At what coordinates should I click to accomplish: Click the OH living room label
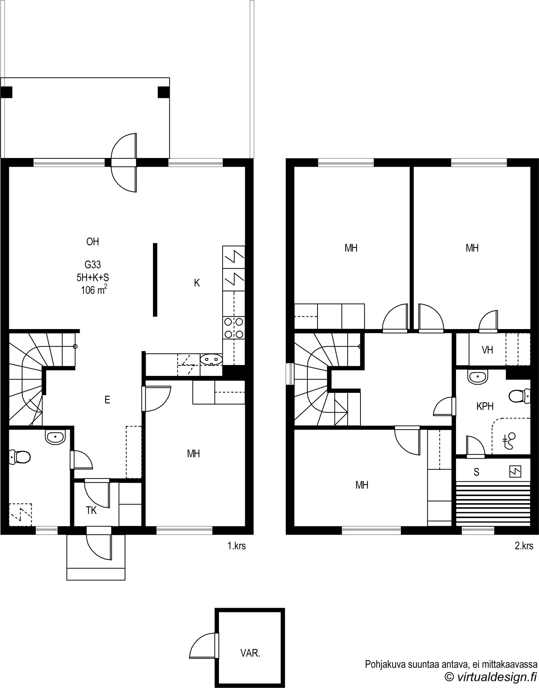pyautogui.click(x=92, y=242)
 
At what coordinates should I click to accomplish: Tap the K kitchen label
pyautogui.click(x=197, y=283)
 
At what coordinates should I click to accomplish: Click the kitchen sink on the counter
pyautogui.click(x=211, y=359)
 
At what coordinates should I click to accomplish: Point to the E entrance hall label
pyautogui.click(x=107, y=400)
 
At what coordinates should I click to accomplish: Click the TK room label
pyautogui.click(x=91, y=511)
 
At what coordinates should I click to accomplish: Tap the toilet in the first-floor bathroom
pyautogui.click(x=20, y=457)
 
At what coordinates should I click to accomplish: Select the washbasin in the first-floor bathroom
pyautogui.click(x=56, y=437)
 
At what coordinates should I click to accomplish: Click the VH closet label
pyautogui.click(x=487, y=350)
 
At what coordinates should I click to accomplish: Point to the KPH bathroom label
pyautogui.click(x=485, y=406)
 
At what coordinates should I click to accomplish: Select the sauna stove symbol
pyautogui.click(x=515, y=472)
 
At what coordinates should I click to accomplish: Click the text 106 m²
pyautogui.click(x=94, y=290)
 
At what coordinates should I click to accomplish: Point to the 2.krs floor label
pyautogui.click(x=524, y=546)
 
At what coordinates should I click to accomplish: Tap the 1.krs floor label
pyautogui.click(x=237, y=546)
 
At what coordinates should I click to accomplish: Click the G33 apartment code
pyautogui.click(x=92, y=265)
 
